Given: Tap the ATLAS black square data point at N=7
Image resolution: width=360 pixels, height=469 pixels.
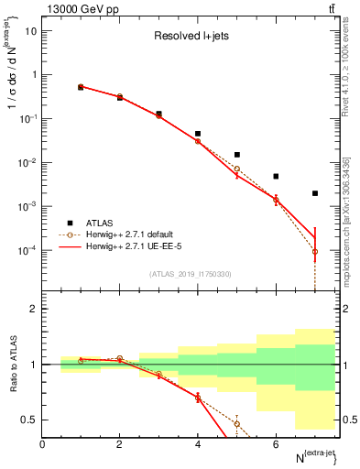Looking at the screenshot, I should tap(314, 193).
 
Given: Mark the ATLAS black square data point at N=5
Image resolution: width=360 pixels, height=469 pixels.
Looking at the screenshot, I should tap(236, 155).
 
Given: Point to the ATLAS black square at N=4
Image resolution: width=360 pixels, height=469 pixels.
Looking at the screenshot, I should tap(198, 134).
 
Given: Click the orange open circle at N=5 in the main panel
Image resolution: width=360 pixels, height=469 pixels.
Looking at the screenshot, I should tap(236, 169).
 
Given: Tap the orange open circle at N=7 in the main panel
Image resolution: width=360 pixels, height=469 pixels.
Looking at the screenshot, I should tap(314, 251).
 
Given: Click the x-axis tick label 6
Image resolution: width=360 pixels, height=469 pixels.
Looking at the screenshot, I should tap(276, 444).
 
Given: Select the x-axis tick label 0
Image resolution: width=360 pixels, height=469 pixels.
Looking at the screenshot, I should tap(43, 444).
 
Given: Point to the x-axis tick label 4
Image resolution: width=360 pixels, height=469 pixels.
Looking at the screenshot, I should tap(198, 444).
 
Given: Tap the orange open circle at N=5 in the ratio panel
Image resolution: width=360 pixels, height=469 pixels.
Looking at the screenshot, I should tap(236, 423).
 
